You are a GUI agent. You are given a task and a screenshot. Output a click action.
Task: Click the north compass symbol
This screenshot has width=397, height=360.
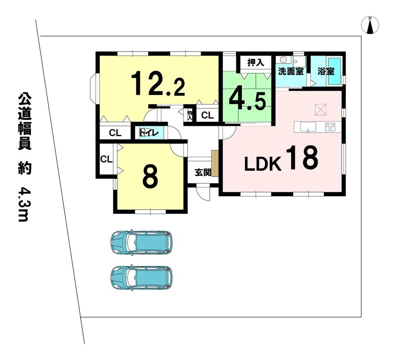(370, 25)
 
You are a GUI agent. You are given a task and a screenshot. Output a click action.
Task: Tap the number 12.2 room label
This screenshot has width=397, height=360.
(158, 84)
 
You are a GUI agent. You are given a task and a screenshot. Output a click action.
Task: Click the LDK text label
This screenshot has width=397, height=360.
(263, 164)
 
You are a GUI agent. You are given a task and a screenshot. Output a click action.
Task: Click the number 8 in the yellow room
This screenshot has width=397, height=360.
(150, 177)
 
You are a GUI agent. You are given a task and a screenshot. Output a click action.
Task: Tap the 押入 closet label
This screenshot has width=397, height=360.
(256, 62)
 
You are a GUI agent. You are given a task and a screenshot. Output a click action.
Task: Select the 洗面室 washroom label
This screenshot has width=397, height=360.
(290, 71)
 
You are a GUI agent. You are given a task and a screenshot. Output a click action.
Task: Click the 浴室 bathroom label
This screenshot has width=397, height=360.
(326, 71)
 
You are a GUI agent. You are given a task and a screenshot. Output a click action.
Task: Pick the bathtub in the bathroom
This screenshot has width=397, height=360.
(335, 71)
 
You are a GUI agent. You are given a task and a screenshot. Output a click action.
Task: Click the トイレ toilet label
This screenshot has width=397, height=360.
(149, 133)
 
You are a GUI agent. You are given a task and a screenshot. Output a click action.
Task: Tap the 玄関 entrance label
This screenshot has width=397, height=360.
(203, 172)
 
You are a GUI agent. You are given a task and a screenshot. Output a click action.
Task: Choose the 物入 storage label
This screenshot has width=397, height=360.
(190, 116)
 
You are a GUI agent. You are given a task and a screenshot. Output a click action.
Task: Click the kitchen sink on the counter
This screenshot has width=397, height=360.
(308, 127)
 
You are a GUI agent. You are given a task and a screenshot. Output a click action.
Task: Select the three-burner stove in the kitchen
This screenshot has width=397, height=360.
(330, 126)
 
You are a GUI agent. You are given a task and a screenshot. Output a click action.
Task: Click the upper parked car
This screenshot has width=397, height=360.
(141, 242)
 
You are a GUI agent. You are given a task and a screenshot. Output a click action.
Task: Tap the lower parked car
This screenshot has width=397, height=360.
(141, 277)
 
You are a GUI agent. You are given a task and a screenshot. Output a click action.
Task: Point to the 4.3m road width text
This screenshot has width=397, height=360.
(24, 204)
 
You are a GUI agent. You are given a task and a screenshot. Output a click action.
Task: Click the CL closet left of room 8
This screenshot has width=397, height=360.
(107, 159)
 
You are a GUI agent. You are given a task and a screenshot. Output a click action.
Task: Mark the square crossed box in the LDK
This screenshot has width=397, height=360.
(321, 109)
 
